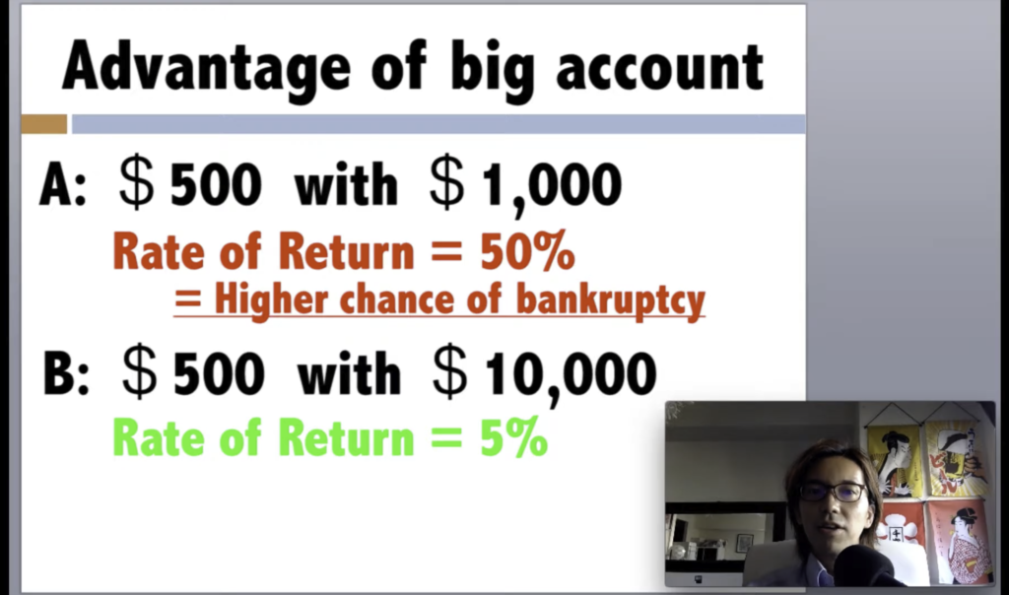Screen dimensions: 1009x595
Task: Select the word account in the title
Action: click(x=660, y=67)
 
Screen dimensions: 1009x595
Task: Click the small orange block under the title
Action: click(x=43, y=123)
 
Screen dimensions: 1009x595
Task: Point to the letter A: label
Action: click(x=63, y=184)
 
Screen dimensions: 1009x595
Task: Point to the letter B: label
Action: click(x=66, y=373)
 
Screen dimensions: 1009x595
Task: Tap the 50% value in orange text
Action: click(x=527, y=251)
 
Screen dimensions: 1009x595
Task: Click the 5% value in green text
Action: click(x=513, y=437)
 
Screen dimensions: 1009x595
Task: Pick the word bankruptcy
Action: click(x=611, y=300)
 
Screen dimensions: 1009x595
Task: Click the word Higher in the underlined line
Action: click(x=271, y=300)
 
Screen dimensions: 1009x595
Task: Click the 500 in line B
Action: click(x=219, y=373)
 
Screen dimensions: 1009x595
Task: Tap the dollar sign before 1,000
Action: click(x=447, y=184)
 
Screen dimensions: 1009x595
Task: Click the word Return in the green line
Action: click(x=346, y=437)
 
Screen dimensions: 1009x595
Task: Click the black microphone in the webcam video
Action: click(x=865, y=566)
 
